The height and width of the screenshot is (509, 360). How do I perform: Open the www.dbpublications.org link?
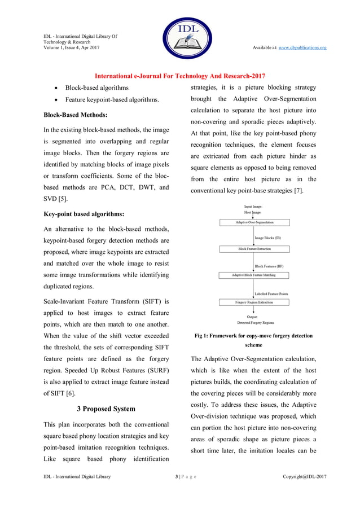pos(302,47)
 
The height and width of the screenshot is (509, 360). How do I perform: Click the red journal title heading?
pos(179,76)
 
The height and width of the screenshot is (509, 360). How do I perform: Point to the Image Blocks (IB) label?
pos(269,238)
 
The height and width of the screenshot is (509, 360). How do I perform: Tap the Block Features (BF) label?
pos(270,266)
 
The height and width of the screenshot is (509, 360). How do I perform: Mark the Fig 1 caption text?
pos(253,340)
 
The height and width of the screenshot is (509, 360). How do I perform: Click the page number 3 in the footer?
pos(177,477)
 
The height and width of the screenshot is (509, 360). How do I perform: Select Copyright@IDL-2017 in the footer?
pos(304,477)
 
